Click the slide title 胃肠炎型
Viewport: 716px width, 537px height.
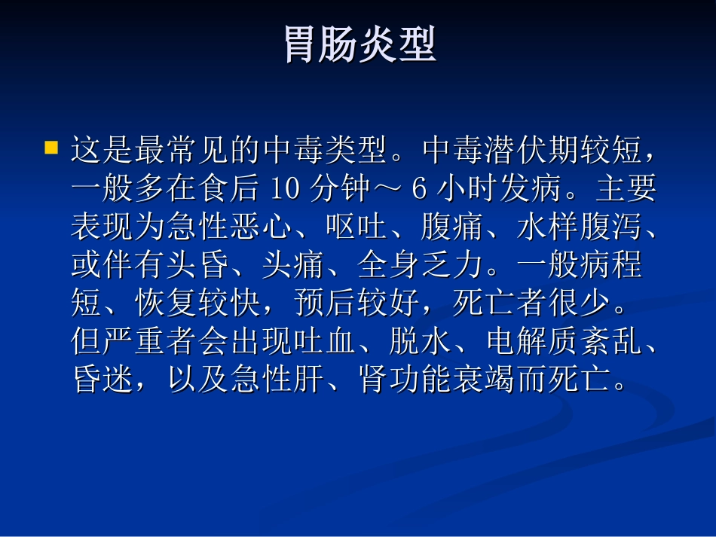coord(360,45)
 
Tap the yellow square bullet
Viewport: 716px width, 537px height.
coord(51,147)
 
